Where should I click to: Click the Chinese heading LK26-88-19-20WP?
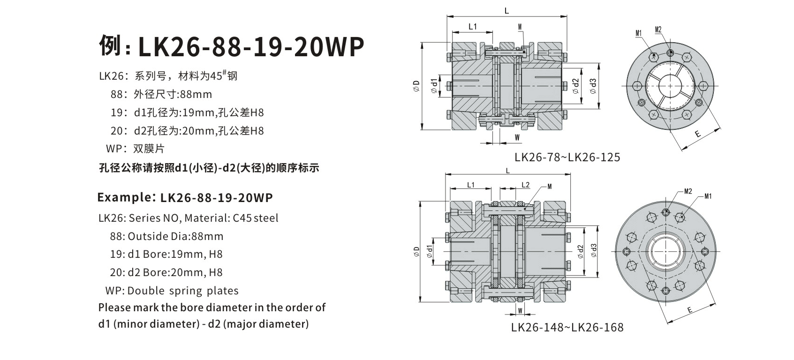click(x=232, y=46)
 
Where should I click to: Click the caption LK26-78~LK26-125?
click(x=567, y=157)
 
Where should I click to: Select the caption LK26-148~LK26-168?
click(x=567, y=327)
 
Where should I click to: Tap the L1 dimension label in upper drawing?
click(x=472, y=27)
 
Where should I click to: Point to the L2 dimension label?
click(x=525, y=185)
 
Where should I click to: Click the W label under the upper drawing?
click(x=517, y=137)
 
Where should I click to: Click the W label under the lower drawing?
click(x=520, y=311)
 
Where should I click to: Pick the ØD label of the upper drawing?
click(x=416, y=85)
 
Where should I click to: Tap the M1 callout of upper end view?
click(x=638, y=33)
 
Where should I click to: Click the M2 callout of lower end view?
click(x=688, y=191)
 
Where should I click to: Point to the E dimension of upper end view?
click(x=697, y=134)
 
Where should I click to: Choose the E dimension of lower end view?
click(x=689, y=310)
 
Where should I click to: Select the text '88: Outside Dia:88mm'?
click(x=166, y=236)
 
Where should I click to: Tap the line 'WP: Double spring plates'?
click(x=172, y=291)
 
